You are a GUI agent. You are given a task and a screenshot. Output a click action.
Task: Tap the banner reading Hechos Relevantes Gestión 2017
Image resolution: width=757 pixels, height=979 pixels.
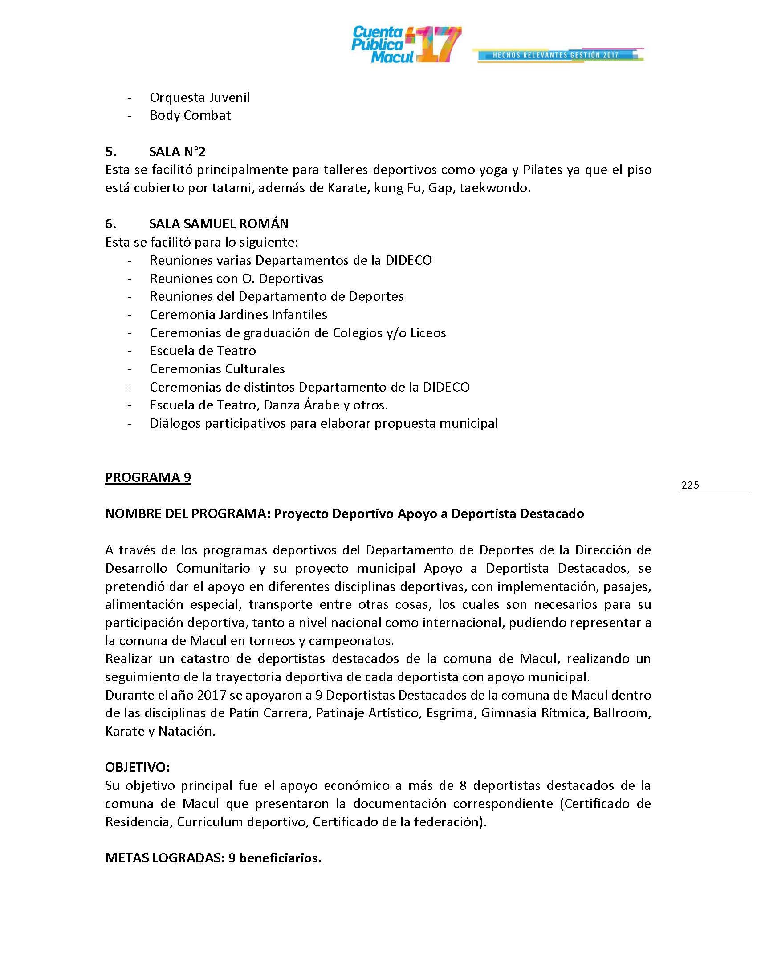[557, 55]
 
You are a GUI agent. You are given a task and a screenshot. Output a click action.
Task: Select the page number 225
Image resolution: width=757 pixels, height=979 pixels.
[690, 485]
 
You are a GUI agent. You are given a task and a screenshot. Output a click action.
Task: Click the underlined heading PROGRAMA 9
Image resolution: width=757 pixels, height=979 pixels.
[148, 477]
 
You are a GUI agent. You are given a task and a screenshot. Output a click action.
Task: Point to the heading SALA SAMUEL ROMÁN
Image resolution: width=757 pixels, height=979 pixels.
[218, 224]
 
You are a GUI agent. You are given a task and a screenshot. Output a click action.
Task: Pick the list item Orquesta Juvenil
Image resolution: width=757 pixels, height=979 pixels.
[199, 97]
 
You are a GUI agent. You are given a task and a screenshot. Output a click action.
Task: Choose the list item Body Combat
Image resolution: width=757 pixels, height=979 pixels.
[190, 115]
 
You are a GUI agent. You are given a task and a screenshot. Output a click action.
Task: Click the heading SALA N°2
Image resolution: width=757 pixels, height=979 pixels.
[177, 151]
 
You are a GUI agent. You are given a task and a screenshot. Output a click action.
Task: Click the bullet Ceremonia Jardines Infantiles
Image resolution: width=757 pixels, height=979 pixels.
[238, 315]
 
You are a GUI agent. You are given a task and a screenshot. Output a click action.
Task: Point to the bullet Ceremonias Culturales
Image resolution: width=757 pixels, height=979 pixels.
[217, 369]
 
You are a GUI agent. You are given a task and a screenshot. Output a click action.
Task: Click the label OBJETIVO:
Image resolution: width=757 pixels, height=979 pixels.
[137, 768]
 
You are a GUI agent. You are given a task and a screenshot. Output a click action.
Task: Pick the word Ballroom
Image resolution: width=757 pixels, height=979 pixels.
[621, 713]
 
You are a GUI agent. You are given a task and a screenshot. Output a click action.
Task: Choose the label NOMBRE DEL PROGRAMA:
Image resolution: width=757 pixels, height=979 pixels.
[187, 514]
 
